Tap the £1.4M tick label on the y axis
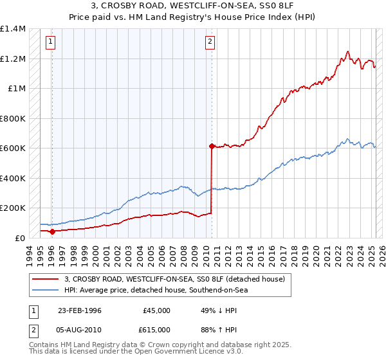pos(12,29)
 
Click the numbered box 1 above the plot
pos(50,42)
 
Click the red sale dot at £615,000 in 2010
pos(211,147)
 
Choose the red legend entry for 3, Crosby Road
pos(178,279)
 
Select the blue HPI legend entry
pos(156,290)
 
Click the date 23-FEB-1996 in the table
pos(80,310)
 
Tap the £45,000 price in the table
pos(156,310)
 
